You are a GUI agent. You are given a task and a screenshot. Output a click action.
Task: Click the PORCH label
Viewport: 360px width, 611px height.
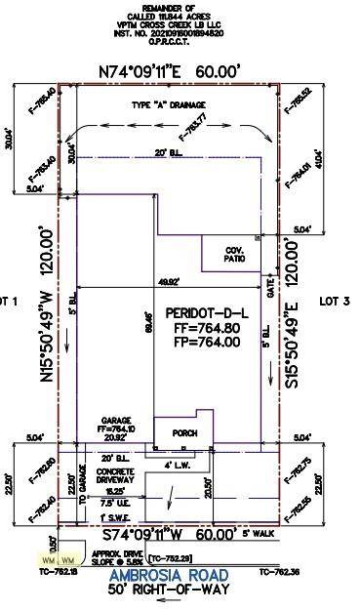(185, 433)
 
